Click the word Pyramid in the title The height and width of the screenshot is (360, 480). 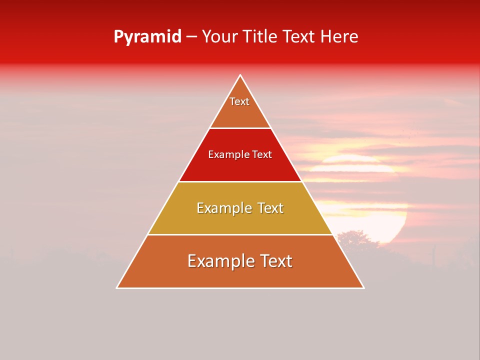147,37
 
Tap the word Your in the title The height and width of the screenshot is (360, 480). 219,36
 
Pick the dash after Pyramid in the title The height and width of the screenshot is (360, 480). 191,37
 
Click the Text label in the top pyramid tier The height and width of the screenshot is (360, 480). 239,101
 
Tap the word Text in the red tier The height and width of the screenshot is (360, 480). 262,155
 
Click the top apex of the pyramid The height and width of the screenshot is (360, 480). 240,75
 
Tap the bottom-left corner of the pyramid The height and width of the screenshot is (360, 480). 117,287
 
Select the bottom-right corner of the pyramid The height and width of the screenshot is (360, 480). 363,287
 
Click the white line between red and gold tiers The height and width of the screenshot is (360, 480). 240,181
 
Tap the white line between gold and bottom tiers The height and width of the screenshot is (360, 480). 240,234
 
